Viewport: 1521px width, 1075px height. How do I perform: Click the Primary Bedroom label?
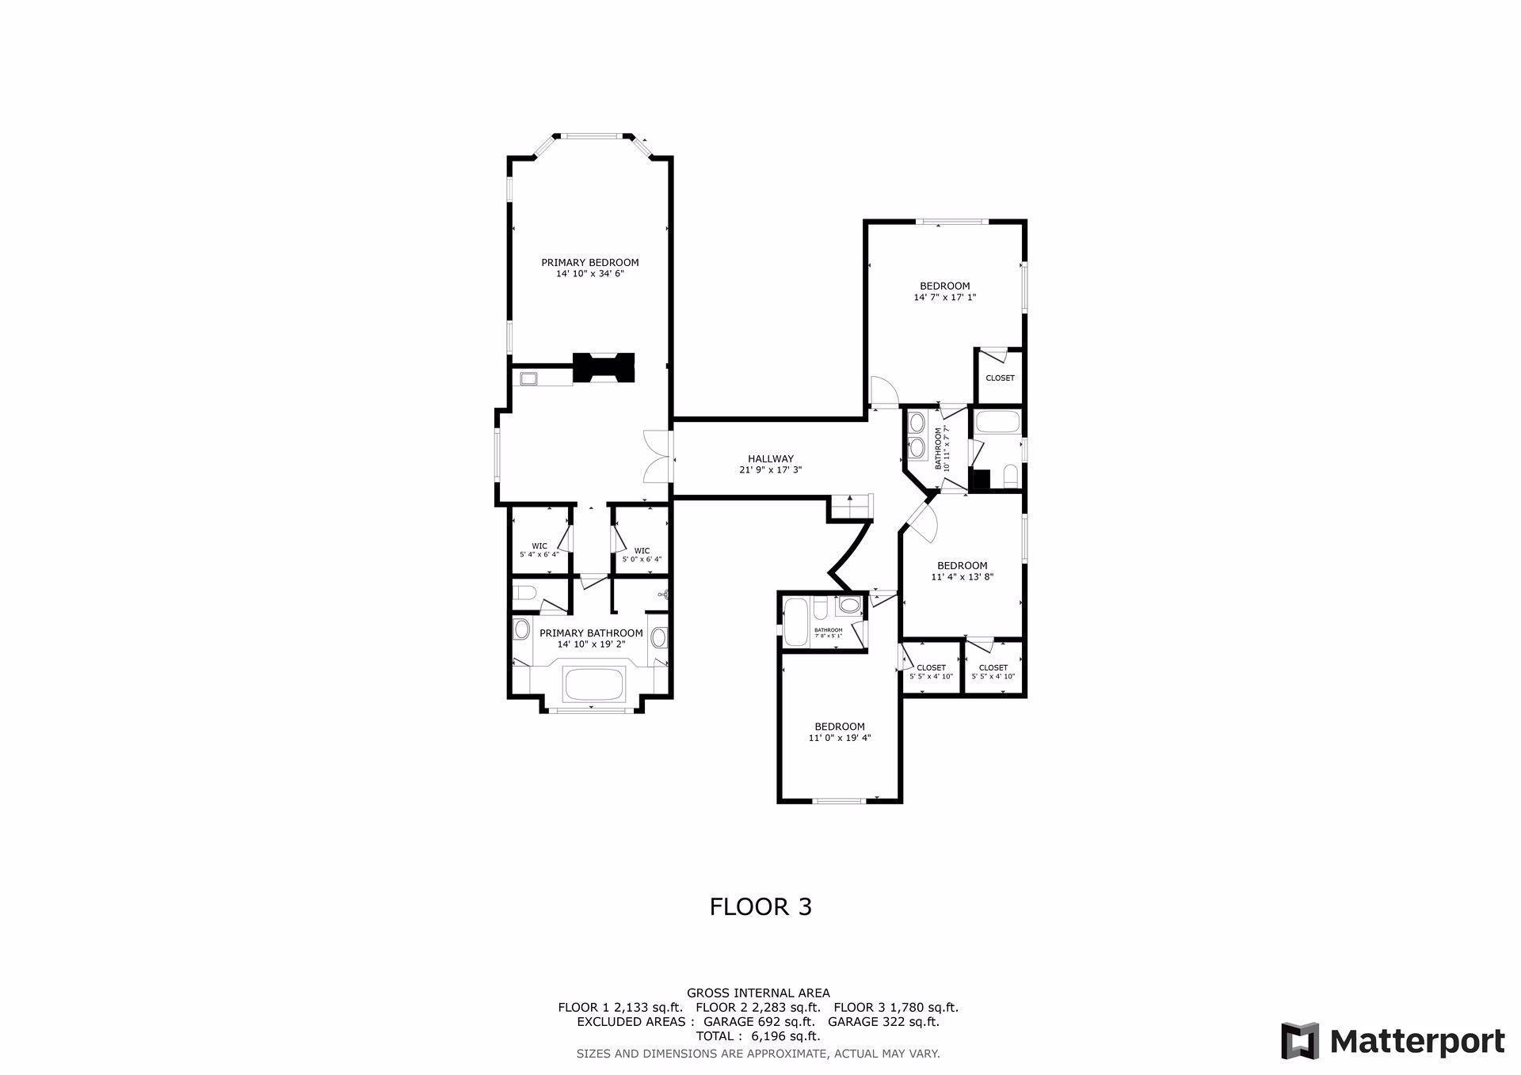(x=589, y=263)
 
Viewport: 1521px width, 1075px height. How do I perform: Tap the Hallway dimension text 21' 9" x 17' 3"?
(x=770, y=470)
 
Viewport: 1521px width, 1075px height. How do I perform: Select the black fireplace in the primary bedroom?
(x=604, y=368)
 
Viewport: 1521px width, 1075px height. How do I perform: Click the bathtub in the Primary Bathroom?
(x=593, y=683)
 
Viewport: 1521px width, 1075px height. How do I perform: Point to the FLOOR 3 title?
(x=760, y=906)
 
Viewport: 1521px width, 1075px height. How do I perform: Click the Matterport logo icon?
(x=1300, y=1040)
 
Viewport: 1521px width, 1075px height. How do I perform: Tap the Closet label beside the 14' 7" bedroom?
(x=1000, y=378)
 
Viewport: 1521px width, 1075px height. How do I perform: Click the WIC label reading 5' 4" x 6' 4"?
(x=539, y=550)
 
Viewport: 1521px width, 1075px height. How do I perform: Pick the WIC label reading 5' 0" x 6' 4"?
(x=642, y=555)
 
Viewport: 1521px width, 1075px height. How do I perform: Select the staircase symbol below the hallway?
(x=850, y=507)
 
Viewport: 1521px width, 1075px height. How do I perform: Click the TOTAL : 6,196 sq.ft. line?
(x=758, y=1036)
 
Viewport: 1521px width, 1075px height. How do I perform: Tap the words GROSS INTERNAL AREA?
(x=758, y=993)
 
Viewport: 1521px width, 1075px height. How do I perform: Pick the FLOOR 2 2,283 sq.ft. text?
(x=757, y=1008)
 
